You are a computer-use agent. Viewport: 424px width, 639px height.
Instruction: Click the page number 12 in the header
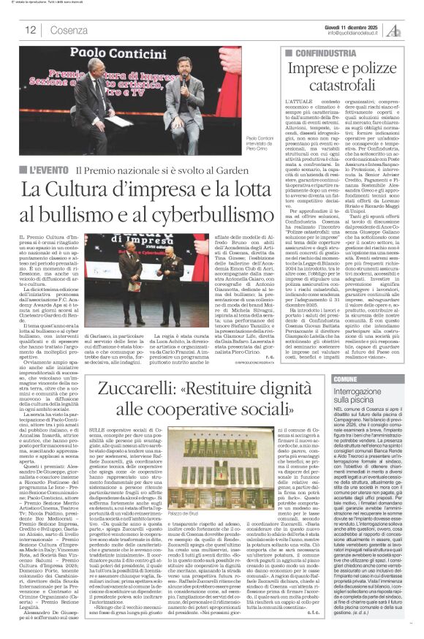point(31,30)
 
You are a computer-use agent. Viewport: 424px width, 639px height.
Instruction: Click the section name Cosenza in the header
point(69,30)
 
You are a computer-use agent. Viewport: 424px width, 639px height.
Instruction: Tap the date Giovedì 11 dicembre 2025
point(352,25)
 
